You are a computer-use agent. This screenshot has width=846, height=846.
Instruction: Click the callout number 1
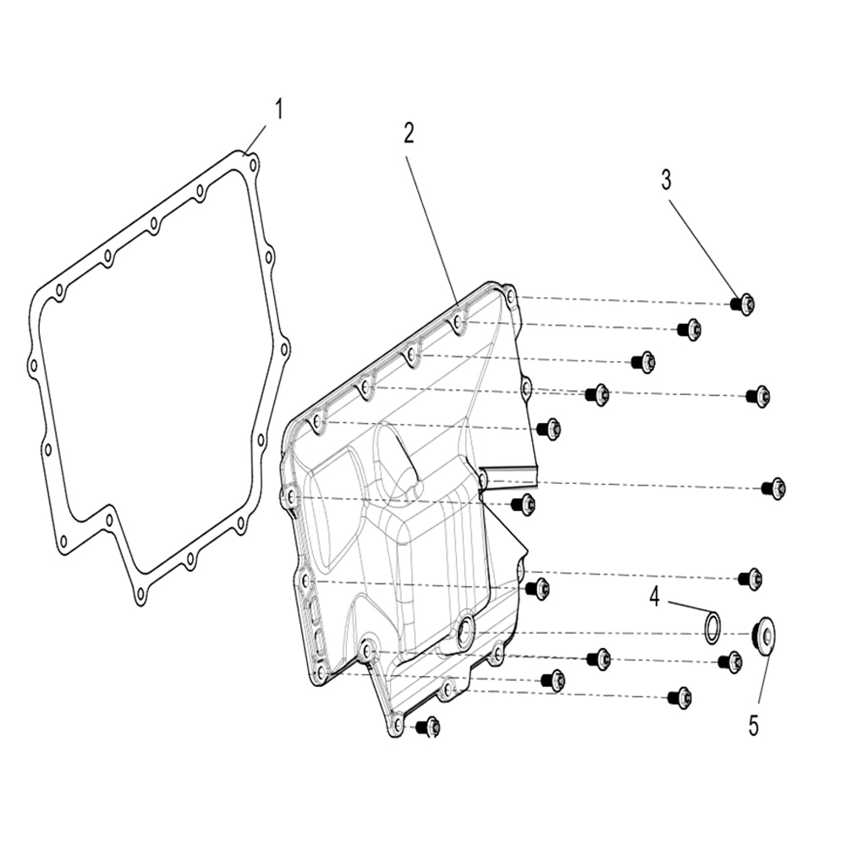click(278, 109)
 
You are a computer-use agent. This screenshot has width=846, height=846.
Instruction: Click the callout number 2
click(409, 134)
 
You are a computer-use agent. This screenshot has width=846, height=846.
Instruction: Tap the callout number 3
click(667, 180)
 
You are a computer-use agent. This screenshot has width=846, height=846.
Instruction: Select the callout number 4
click(655, 597)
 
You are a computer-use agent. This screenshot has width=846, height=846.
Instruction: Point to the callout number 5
click(754, 726)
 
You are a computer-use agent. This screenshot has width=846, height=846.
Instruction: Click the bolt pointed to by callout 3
click(743, 304)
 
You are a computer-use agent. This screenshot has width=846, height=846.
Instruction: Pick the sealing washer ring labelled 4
click(712, 628)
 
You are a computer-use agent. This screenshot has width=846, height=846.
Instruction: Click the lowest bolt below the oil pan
click(430, 728)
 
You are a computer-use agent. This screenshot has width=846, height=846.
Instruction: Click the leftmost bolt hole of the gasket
click(34, 366)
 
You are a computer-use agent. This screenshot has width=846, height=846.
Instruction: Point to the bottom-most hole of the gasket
click(140, 595)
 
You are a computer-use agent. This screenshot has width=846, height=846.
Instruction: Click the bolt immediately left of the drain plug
click(731, 662)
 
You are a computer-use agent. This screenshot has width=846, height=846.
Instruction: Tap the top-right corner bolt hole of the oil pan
click(510, 295)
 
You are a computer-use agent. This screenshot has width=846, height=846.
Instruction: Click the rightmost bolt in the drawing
click(774, 489)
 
